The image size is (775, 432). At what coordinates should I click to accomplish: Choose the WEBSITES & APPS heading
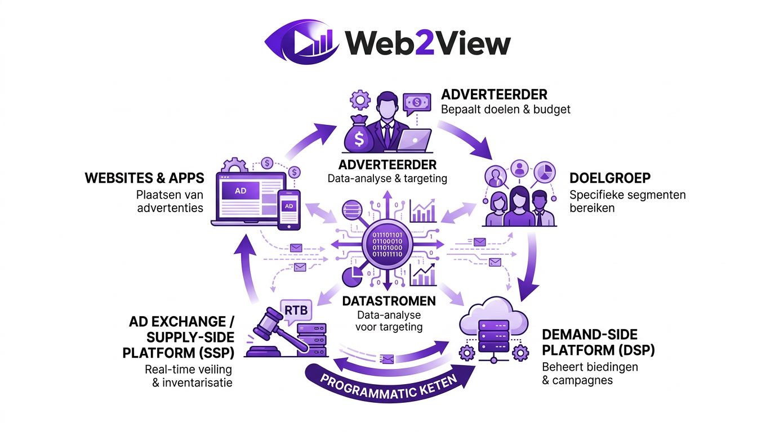(144, 178)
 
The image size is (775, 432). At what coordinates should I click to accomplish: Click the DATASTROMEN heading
(389, 301)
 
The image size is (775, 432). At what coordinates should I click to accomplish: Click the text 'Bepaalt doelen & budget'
(505, 109)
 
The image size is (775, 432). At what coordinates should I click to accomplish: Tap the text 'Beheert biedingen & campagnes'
(589, 373)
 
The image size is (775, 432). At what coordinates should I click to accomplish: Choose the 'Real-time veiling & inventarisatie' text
(188, 376)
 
